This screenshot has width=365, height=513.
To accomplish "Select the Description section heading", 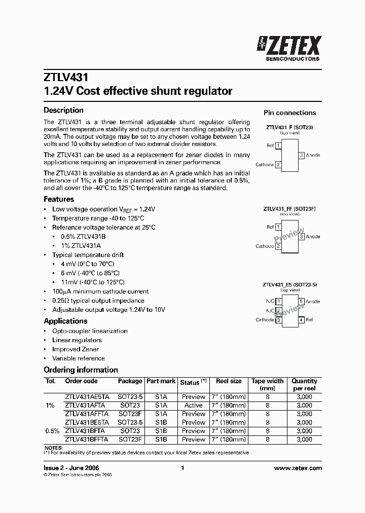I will (x=63, y=110).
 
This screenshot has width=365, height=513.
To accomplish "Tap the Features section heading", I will (x=59, y=199).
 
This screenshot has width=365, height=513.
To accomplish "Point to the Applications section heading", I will (x=65, y=321).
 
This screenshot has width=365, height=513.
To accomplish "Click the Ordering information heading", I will (x=81, y=370).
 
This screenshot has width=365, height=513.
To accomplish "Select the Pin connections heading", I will (x=289, y=113).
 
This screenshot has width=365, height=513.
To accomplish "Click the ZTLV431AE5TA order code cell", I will (x=87, y=397).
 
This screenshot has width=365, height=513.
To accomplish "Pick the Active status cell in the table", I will (x=194, y=406).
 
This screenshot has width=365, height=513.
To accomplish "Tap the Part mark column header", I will (x=161, y=381).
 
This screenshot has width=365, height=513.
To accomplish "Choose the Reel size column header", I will (x=229, y=381).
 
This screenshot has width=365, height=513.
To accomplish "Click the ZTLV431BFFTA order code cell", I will (x=87, y=439).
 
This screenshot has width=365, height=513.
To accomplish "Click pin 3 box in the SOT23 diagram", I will (x=302, y=155).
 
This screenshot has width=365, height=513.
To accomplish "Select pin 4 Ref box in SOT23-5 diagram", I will (x=302, y=320).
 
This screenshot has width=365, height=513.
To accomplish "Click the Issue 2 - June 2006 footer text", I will (x=71, y=468).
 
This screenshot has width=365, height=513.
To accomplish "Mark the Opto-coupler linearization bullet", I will (x=90, y=331).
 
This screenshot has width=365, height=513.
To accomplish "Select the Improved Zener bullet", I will (x=76, y=349).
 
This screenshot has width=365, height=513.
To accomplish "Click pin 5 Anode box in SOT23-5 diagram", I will (x=302, y=302).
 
